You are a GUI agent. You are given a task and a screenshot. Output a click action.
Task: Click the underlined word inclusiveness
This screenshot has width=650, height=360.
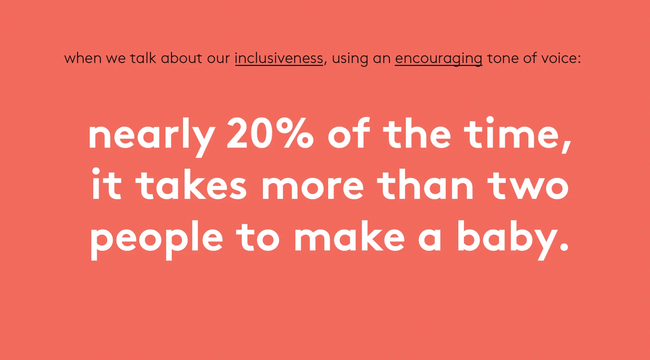pos(279,58)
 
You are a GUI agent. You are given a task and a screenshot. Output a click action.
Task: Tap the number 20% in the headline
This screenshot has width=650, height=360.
pos(270,134)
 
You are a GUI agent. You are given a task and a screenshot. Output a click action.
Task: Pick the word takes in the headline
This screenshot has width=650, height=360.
pos(191,185)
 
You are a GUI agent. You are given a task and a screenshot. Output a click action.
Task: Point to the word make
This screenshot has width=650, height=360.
pos(349,237)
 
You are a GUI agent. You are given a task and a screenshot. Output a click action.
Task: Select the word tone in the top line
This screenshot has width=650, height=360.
pos(502,58)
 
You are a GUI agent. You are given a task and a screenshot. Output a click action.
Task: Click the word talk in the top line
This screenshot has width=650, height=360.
pos(143,58)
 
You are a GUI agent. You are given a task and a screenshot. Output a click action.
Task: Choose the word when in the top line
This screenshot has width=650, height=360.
pos(83,58)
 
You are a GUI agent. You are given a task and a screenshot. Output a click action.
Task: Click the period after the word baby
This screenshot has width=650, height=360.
pos(565,248)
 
